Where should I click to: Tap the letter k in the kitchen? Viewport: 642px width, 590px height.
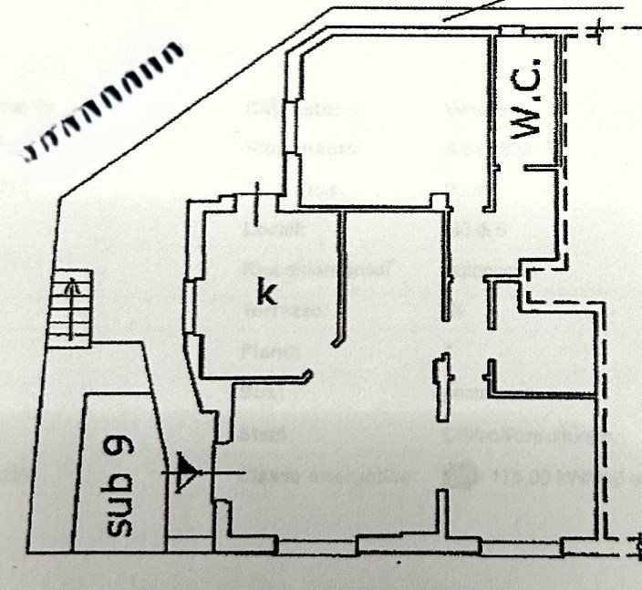pos(266,293)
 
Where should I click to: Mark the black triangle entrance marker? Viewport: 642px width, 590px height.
pos(187,471)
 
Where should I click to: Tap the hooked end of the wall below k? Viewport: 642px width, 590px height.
pos(310,374)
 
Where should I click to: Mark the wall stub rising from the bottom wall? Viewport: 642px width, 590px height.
pos(443,515)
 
